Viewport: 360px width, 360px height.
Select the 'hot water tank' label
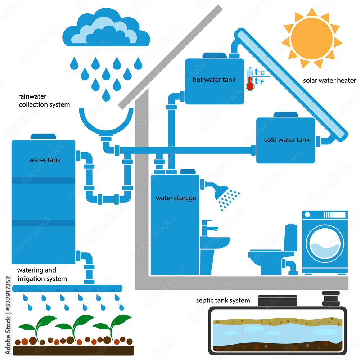(214, 80)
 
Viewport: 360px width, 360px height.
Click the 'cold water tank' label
(287, 140)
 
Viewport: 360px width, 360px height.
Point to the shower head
(221, 192)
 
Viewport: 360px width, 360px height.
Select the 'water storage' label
(176, 198)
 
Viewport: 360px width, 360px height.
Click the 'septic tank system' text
(223, 300)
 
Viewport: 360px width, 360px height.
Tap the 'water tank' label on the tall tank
(45, 160)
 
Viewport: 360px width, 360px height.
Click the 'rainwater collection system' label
(44, 100)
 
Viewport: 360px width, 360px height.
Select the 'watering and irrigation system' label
(42, 274)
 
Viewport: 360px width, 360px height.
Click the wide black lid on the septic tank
(278, 301)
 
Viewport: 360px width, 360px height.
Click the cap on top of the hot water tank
(214, 55)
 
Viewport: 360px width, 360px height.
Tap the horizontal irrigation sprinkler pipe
(67, 288)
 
